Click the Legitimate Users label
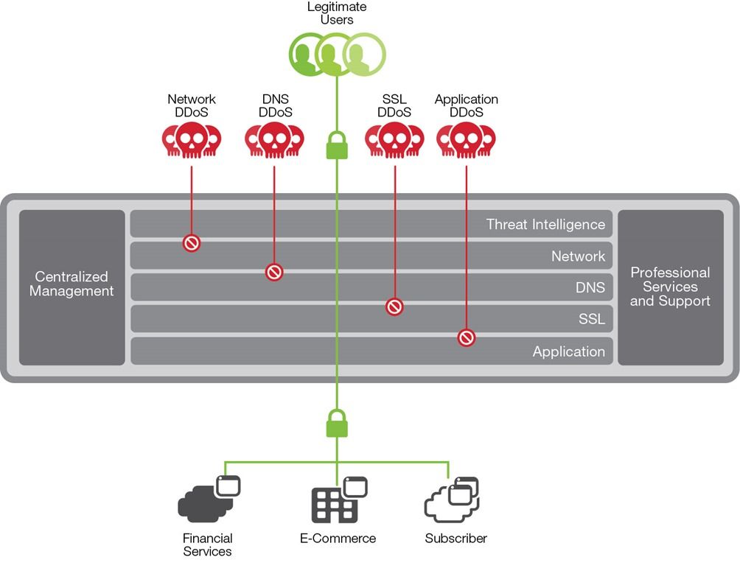click(337, 13)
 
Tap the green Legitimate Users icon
click(337, 55)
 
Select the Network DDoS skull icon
click(192, 140)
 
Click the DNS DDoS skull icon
click(274, 140)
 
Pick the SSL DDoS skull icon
click(394, 140)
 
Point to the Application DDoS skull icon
click(466, 140)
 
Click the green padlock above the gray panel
click(337, 145)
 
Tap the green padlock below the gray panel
click(337, 423)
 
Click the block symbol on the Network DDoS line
click(192, 242)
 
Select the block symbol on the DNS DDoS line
click(274, 272)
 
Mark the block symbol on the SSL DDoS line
click(394, 306)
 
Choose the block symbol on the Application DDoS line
click(466, 337)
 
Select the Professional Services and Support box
click(670, 287)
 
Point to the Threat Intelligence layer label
click(545, 224)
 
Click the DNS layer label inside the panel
click(590, 287)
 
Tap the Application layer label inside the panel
click(568, 351)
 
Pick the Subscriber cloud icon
click(451, 500)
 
